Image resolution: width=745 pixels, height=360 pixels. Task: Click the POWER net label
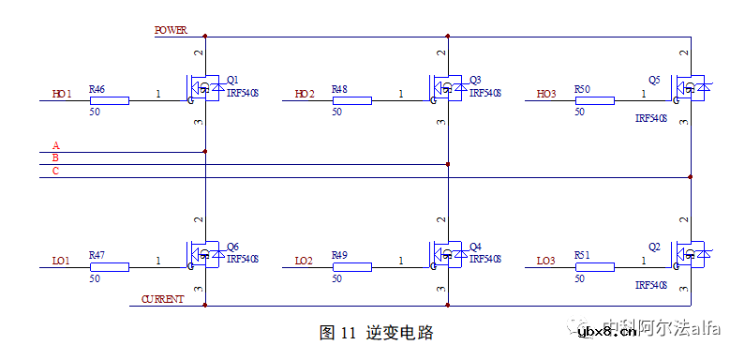(x=171, y=30)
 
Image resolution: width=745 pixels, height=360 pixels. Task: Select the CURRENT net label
(x=162, y=299)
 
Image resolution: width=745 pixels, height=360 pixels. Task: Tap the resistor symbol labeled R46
(x=109, y=100)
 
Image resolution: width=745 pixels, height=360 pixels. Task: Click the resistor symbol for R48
(x=351, y=100)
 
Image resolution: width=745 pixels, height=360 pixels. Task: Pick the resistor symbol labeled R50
(x=594, y=100)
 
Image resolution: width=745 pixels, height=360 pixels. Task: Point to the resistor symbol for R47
(x=109, y=266)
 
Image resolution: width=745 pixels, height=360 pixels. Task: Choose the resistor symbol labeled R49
(x=351, y=266)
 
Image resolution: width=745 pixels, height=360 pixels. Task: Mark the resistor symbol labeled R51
(x=594, y=266)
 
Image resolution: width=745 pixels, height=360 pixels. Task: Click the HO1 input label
(x=62, y=94)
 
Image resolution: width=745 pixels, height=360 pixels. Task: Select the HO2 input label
(x=305, y=94)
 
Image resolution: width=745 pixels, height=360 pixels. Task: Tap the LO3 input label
(x=546, y=260)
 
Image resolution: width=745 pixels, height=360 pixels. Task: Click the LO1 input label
(x=62, y=260)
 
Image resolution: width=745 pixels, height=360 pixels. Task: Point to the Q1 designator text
(x=232, y=80)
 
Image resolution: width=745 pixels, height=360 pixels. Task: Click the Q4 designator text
(x=475, y=247)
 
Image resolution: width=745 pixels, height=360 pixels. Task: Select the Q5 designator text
(x=653, y=80)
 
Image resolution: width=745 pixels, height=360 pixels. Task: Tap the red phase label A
(x=56, y=145)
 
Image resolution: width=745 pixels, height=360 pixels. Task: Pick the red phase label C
(x=56, y=171)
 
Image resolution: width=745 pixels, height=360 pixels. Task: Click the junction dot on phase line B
(x=448, y=164)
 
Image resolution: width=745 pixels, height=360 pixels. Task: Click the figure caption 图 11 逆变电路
(x=376, y=332)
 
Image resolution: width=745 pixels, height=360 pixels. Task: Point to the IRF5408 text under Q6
(x=242, y=259)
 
